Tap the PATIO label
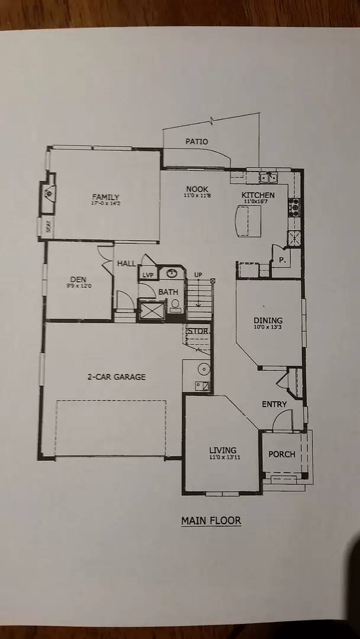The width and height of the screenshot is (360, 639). click(x=197, y=141)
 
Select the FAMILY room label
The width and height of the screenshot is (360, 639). click(x=105, y=197)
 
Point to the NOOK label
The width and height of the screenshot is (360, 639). click(x=197, y=189)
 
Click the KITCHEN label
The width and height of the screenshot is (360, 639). click(x=258, y=195)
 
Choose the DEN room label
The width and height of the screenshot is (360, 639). click(x=78, y=279)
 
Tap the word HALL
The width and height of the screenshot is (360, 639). click(x=126, y=263)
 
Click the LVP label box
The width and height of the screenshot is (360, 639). click(x=147, y=275)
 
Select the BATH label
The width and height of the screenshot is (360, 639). click(x=168, y=292)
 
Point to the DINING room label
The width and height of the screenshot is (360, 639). click(x=268, y=321)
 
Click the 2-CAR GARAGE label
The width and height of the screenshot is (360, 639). click(x=117, y=376)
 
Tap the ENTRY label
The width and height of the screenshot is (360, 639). click(x=274, y=404)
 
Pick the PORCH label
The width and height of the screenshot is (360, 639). click(x=282, y=454)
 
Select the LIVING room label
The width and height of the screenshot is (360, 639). click(x=223, y=450)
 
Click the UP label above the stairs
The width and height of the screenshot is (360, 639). click(x=198, y=275)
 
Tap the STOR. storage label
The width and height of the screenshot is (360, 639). click(x=198, y=331)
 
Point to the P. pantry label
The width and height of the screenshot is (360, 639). click(x=281, y=259)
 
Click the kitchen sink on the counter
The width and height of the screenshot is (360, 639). click(x=271, y=176)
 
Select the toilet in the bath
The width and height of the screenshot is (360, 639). click(x=175, y=305)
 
